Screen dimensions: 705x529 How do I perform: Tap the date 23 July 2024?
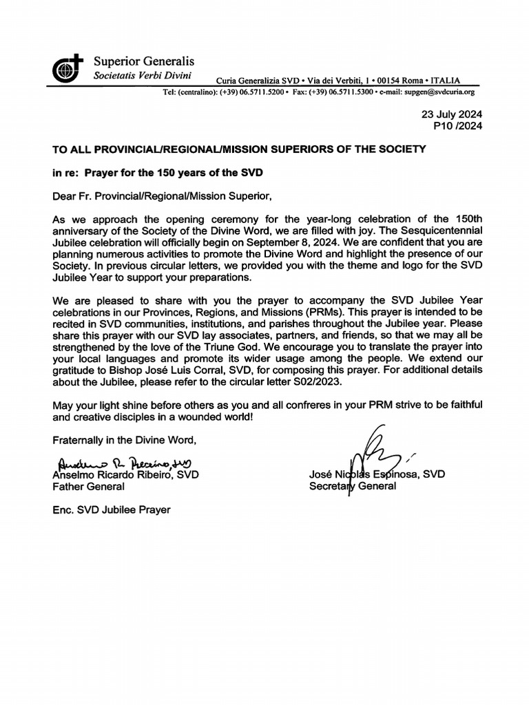(x=453, y=114)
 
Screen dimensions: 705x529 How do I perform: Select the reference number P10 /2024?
(x=457, y=126)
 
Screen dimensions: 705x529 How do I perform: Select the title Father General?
(x=89, y=487)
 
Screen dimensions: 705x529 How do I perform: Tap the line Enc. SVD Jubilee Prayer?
(x=112, y=510)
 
